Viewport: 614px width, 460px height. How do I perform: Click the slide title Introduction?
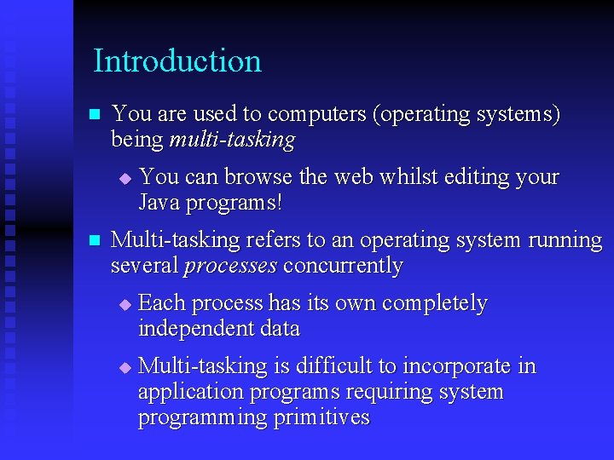tap(177, 61)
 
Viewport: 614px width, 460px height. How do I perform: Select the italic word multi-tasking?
tap(232, 140)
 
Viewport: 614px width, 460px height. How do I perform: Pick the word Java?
tap(159, 203)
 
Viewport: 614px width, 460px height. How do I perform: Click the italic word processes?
tap(231, 266)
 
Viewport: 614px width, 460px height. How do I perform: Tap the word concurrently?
tap(343, 266)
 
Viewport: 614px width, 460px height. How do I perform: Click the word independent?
tap(189, 329)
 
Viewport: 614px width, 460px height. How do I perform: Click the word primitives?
tap(319, 417)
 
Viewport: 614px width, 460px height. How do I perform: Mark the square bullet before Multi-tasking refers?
tap(95, 241)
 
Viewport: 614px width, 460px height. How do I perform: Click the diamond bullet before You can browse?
tap(125, 179)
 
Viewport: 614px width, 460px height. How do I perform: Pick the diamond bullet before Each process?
tap(125, 304)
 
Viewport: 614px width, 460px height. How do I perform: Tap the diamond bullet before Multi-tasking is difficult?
tap(125, 367)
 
